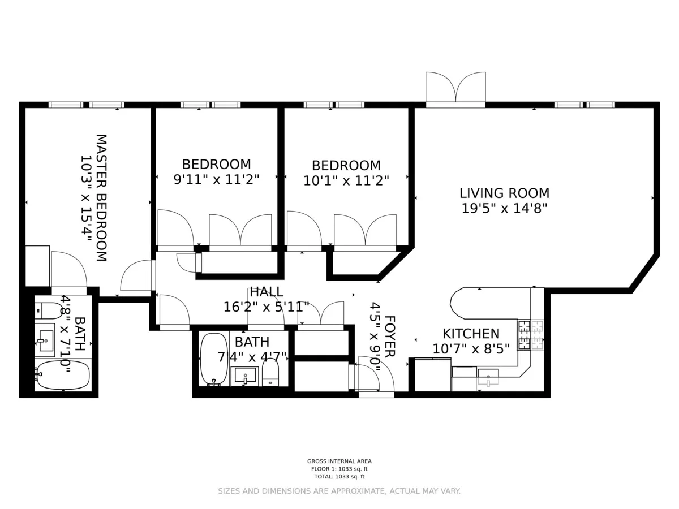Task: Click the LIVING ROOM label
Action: click(504, 193)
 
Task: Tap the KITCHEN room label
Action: click(471, 334)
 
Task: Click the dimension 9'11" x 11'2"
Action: click(216, 180)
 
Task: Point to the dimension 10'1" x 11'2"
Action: click(346, 181)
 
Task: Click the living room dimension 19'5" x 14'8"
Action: click(504, 209)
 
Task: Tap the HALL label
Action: click(266, 292)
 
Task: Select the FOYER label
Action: click(389, 336)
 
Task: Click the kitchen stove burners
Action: click(530, 335)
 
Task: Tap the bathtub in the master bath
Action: click(62, 375)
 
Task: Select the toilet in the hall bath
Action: click(270, 372)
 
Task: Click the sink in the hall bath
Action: click(245, 375)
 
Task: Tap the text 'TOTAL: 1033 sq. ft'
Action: click(339, 477)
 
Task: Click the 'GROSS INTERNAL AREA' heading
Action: click(339, 461)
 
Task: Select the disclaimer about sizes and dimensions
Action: click(339, 491)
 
